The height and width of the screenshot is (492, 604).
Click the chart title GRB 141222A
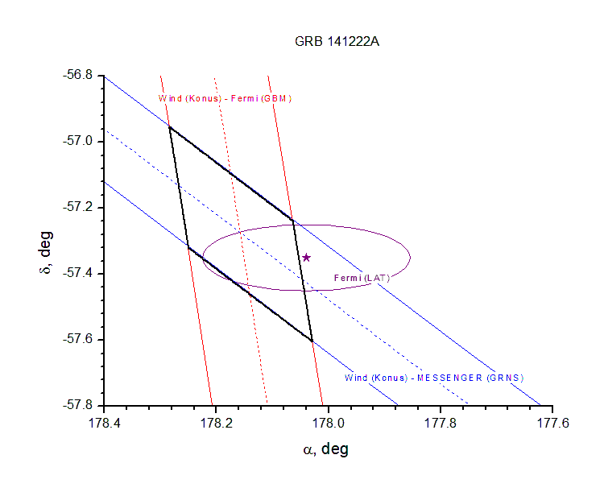click(x=336, y=43)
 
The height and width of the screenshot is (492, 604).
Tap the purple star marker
click(x=306, y=258)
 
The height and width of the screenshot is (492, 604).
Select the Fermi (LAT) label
click(x=362, y=279)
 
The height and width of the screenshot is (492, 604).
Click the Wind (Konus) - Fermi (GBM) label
click(x=225, y=99)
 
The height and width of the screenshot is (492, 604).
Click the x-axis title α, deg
click(x=325, y=449)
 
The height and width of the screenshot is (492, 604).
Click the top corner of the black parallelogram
click(x=169, y=126)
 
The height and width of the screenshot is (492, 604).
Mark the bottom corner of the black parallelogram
click(x=312, y=341)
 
